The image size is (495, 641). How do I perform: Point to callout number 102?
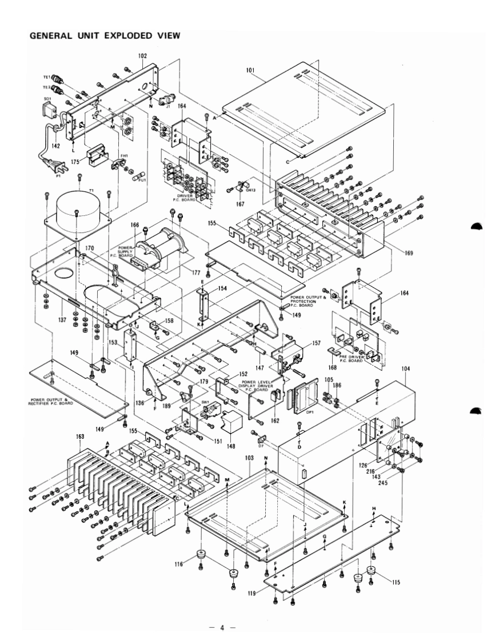[142, 57]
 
